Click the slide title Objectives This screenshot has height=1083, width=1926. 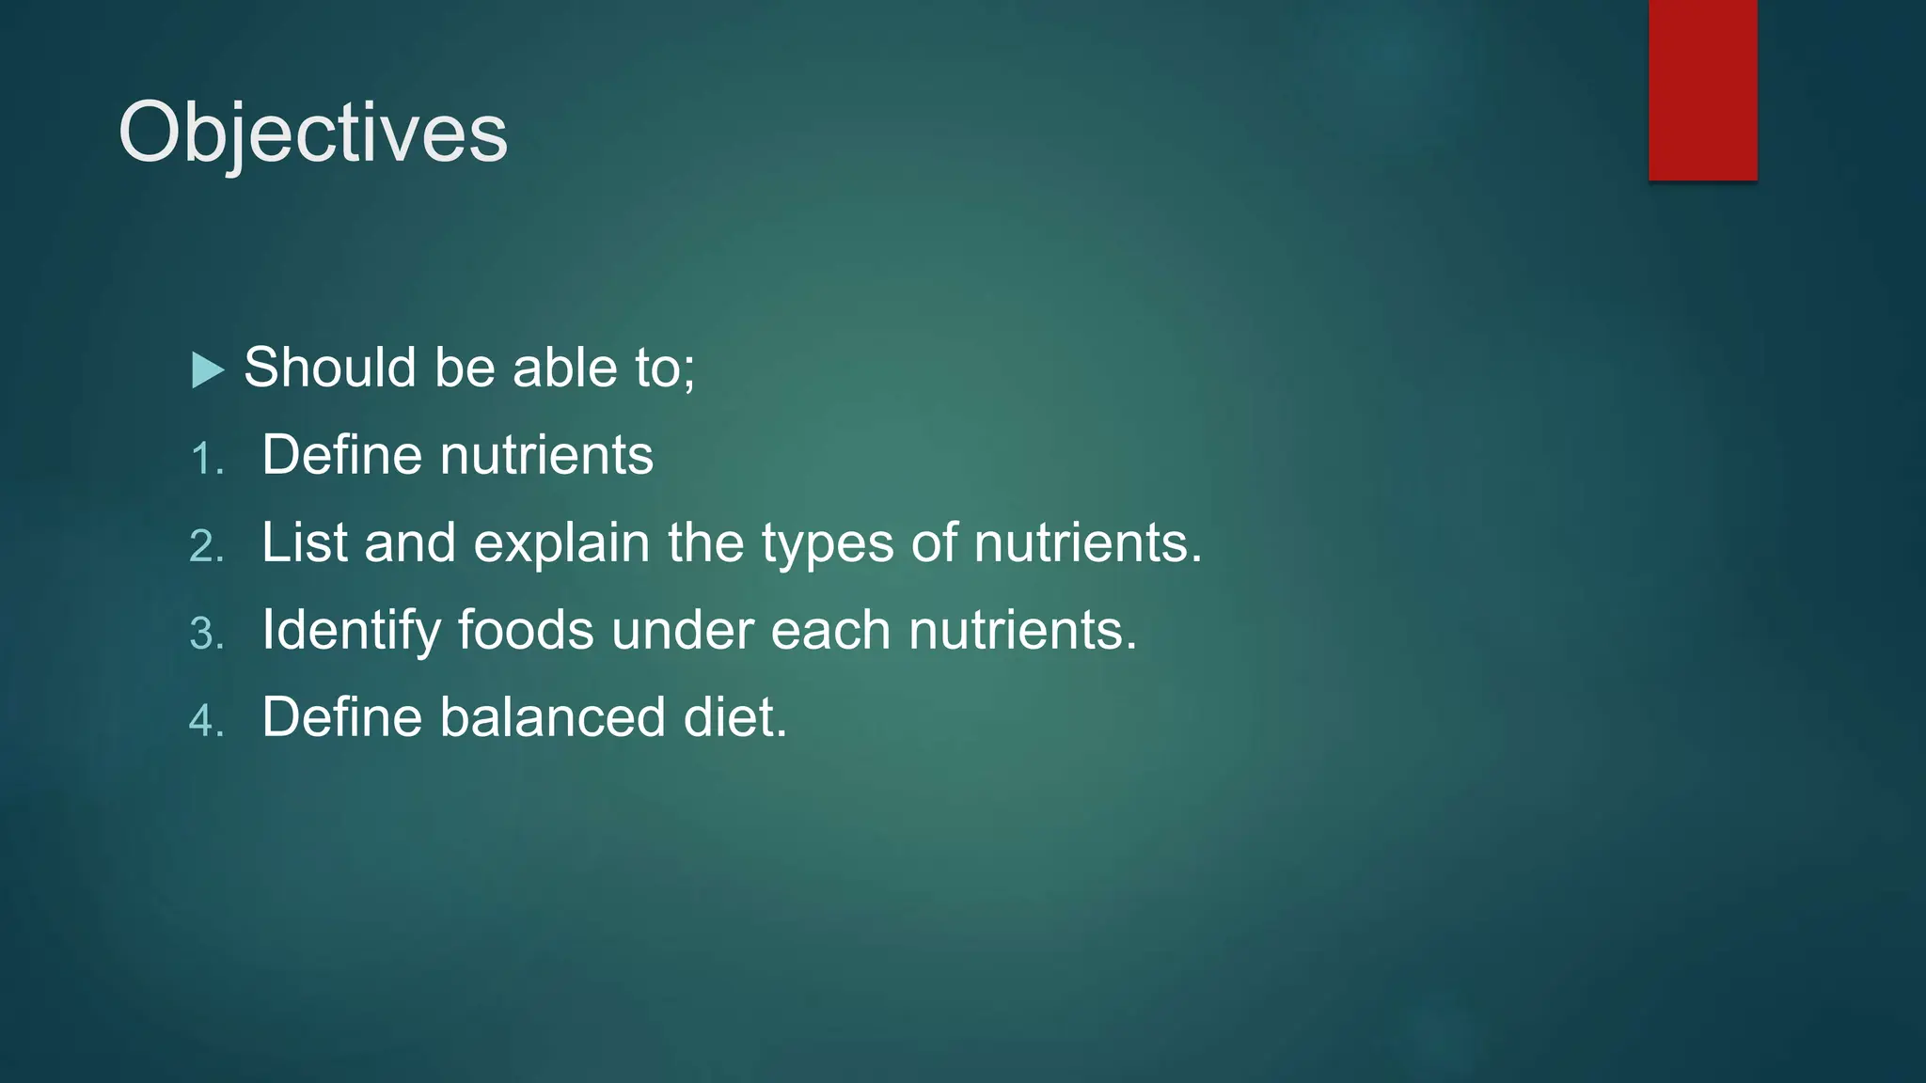click(312, 133)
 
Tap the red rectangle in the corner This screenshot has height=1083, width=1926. click(1702, 89)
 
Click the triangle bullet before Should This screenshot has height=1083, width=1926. click(207, 369)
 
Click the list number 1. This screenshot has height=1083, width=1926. click(206, 459)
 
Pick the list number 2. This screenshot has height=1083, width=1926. click(206, 546)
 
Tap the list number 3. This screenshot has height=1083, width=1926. click(206, 634)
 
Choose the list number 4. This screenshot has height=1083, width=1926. click(206, 721)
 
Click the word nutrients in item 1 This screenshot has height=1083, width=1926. click(546, 455)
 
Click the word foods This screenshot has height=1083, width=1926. click(526, 630)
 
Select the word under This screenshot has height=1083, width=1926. click(682, 630)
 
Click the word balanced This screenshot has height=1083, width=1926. click(553, 717)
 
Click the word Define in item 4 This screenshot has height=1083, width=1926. click(342, 717)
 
